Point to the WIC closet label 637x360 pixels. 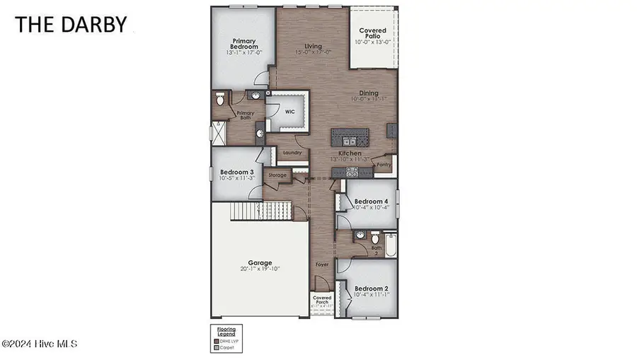point(290,111)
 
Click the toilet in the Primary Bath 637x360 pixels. point(220,100)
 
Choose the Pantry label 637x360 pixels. point(384,166)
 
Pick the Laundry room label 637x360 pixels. point(292,152)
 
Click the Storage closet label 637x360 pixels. point(277,175)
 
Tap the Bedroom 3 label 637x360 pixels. point(236,172)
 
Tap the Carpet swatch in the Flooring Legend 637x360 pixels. point(217,348)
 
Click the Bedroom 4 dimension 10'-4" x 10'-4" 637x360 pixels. point(371,207)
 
